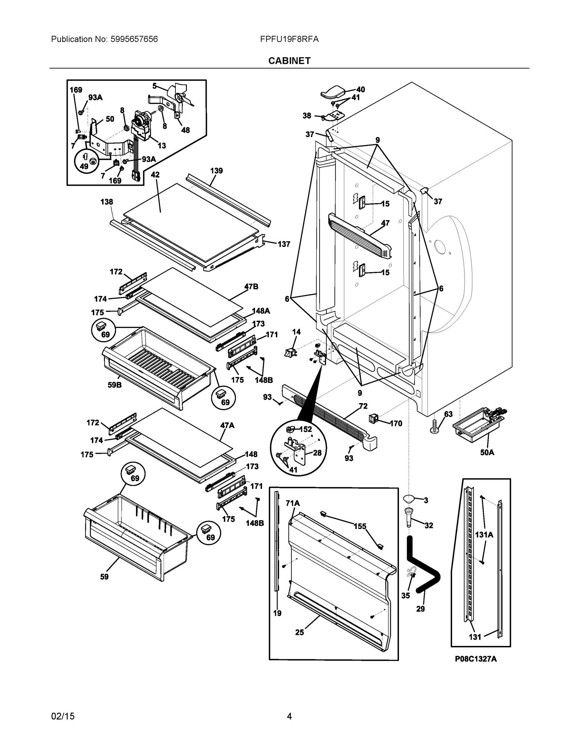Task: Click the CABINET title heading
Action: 289,61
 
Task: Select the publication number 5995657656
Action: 134,39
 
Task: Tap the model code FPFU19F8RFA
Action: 289,39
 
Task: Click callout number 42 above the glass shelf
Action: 155,174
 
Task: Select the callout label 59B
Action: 115,385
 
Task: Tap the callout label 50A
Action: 487,452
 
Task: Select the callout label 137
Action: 284,244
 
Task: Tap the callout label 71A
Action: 292,503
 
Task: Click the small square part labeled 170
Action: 373,418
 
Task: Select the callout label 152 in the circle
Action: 306,429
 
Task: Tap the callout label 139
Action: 216,170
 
